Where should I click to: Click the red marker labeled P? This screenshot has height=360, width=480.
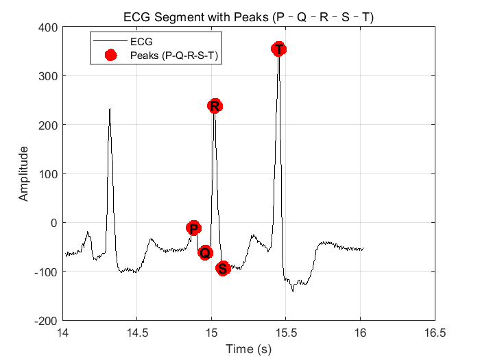point(193,228)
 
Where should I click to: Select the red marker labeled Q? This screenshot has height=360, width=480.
point(205,252)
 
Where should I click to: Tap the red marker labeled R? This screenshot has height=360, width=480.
point(215,106)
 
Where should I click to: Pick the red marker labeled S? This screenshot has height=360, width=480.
point(222,268)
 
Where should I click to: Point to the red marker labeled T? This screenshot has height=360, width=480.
point(278,49)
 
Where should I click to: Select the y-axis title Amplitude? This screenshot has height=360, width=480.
point(24,173)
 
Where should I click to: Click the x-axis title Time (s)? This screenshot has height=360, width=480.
point(248,350)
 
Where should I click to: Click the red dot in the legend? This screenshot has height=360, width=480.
point(112,54)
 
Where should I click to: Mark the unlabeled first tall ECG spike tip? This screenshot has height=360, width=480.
point(110,109)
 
